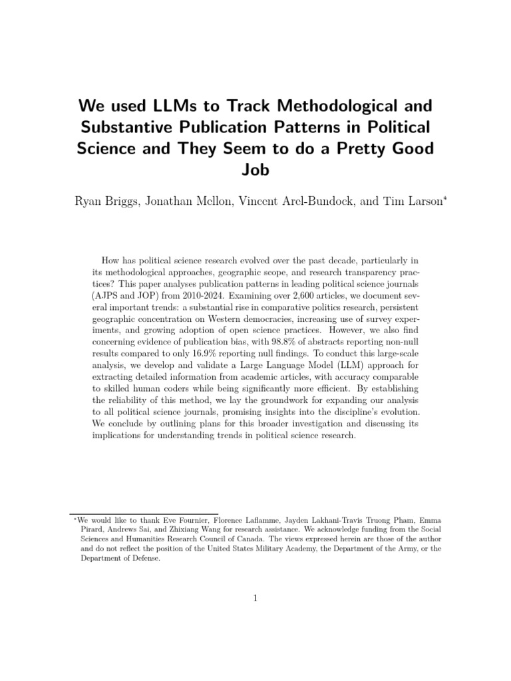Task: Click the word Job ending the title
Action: tap(255, 170)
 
